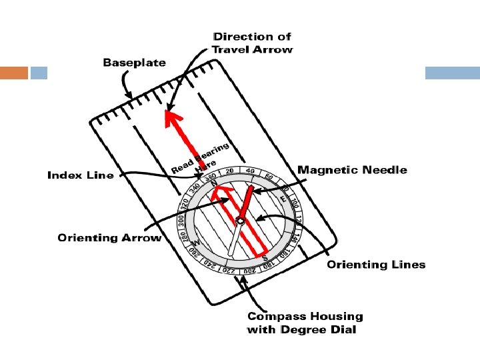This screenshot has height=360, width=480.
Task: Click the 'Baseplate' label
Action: click(x=134, y=63)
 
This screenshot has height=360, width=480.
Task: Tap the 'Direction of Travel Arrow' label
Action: click(x=252, y=43)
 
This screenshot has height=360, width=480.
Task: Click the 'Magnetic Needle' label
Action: click(x=352, y=170)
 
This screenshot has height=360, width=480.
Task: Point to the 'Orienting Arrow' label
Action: click(x=109, y=237)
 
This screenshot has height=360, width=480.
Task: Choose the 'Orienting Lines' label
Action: click(x=375, y=265)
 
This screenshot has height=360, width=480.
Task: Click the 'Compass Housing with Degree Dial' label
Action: click(x=305, y=323)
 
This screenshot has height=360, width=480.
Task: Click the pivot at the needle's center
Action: click(x=241, y=221)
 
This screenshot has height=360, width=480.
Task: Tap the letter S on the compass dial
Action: click(x=265, y=257)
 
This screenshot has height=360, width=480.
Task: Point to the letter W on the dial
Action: click(x=197, y=244)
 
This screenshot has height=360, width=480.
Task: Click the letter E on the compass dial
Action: click(x=283, y=198)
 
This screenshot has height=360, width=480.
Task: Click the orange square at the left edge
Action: click(x=14, y=72)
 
